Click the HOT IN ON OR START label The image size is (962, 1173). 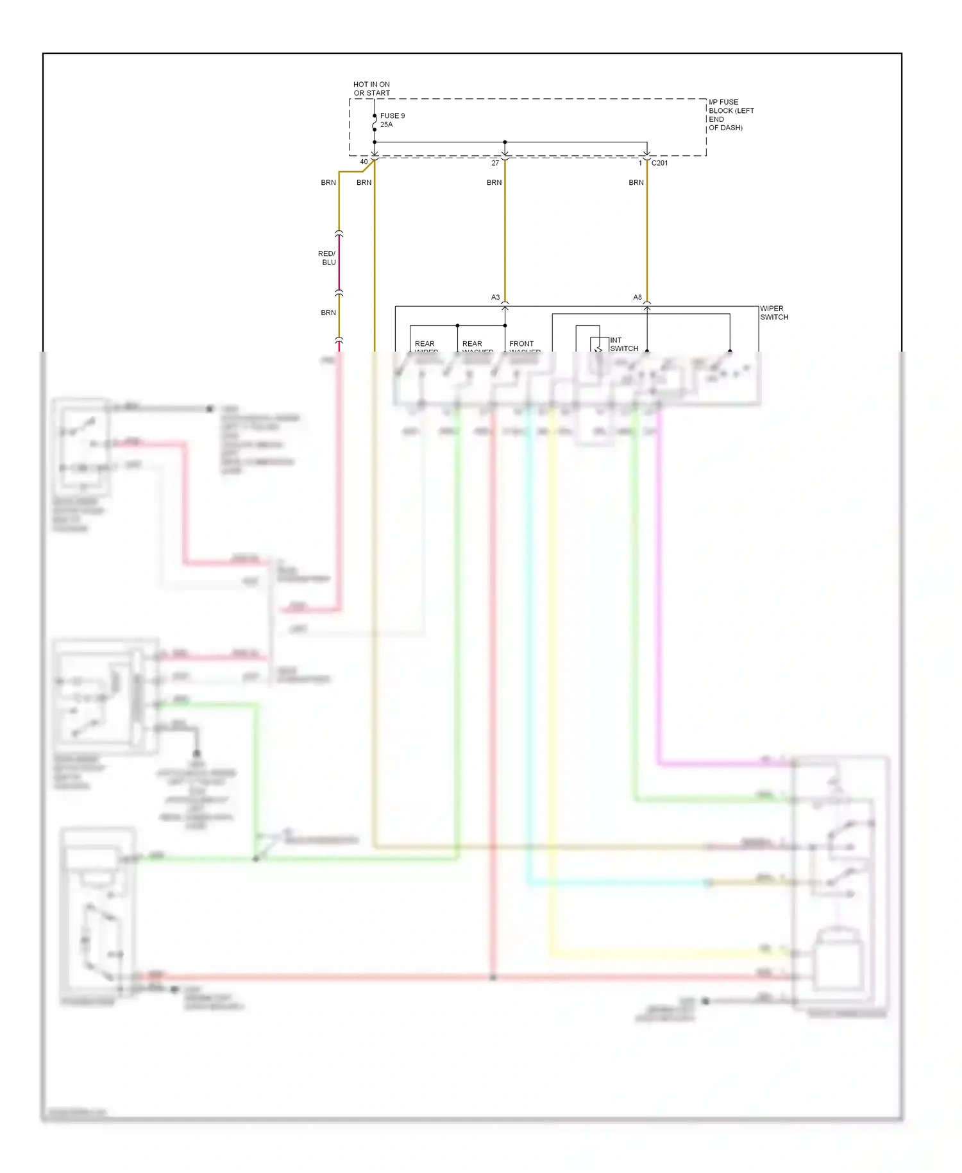[371, 89]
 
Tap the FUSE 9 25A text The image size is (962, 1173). [392, 120]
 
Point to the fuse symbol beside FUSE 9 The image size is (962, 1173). [375, 123]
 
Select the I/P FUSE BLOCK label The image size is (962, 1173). [730, 115]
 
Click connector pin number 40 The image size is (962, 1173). [364, 162]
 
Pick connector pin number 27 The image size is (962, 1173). [495, 163]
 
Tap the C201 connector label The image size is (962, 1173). [659, 163]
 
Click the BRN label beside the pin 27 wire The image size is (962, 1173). [494, 183]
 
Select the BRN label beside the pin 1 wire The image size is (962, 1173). [636, 183]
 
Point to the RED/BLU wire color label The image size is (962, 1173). [327, 258]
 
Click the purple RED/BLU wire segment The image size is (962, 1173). [339, 263]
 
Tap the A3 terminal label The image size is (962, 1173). [495, 298]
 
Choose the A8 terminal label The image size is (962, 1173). [637, 298]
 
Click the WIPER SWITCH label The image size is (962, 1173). [774, 313]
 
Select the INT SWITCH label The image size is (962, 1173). [623, 345]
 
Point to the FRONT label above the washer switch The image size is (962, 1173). [521, 344]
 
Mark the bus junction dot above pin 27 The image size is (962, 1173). [505, 142]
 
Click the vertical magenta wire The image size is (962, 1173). [659, 578]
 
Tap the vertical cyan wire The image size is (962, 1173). [528, 642]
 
